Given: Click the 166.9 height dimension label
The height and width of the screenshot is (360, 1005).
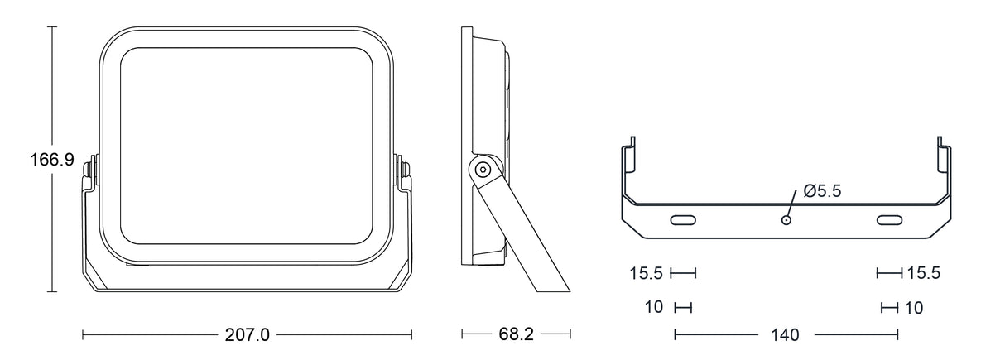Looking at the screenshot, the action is tap(52, 160).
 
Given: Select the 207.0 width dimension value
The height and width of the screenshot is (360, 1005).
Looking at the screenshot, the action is tap(248, 335).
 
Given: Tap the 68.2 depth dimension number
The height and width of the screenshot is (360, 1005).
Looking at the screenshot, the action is tap(516, 334).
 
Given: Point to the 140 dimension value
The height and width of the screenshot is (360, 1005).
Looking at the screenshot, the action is tap(785, 335).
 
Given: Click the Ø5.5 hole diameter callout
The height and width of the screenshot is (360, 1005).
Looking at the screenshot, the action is tap(822, 191).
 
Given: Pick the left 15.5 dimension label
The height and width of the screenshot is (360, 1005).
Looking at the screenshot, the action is tap(646, 273).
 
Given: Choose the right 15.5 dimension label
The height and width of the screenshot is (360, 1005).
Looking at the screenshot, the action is tap(923, 273).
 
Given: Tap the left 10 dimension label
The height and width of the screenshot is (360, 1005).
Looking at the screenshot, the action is tap(654, 307).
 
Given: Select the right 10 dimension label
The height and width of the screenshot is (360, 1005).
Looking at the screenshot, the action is tap(913, 308).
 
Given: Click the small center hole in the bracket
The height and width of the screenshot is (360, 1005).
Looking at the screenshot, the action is tap(786, 220).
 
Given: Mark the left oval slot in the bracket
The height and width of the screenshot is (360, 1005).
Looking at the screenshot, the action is tap(683, 220).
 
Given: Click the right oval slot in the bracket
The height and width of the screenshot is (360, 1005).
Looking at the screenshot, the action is tap(890, 220).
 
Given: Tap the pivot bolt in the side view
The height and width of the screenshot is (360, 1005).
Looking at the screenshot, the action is tap(483, 170).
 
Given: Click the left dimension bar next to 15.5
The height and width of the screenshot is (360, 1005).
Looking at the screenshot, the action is tap(683, 272).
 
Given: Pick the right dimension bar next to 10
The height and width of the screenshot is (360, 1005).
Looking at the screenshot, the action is tap(890, 308).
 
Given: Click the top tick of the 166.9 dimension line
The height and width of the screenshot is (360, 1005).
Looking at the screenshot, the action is tap(52, 27).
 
